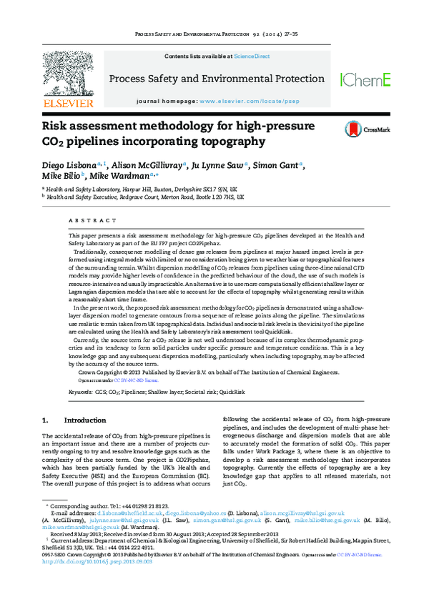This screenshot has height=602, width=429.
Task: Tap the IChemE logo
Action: click(x=365, y=80)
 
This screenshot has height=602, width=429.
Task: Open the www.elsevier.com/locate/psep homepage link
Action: click(x=245, y=102)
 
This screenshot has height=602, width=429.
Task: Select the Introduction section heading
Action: click(x=84, y=420)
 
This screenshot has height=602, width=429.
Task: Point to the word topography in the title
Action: click(x=228, y=142)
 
